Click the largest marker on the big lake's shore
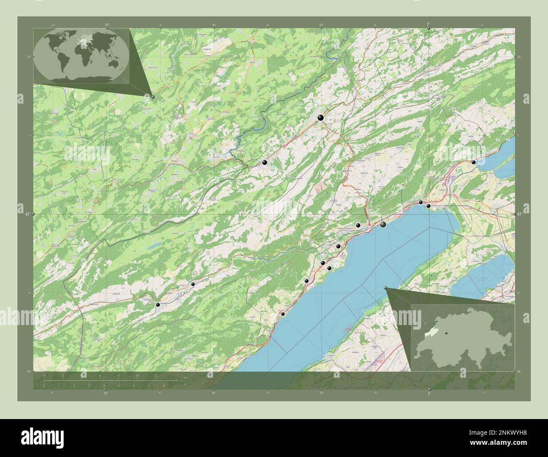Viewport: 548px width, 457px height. point(383,225)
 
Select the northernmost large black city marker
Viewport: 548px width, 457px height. point(321,118)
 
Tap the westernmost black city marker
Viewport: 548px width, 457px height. point(158,304)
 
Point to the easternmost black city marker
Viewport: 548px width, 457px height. point(473,162)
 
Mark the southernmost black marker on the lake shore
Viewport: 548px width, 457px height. point(283,314)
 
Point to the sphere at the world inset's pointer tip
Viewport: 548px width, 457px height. point(153,97)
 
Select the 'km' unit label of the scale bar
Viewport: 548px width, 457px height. point(185,378)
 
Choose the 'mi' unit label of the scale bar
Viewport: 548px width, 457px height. point(185,384)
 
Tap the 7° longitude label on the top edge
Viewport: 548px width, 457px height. point(428,24)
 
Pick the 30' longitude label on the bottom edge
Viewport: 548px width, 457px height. point(105,393)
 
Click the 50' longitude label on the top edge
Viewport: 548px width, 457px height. point(321,24)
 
